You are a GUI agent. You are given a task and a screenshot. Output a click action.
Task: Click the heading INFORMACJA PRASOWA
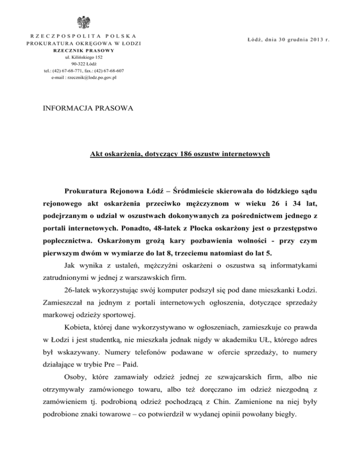87,109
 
